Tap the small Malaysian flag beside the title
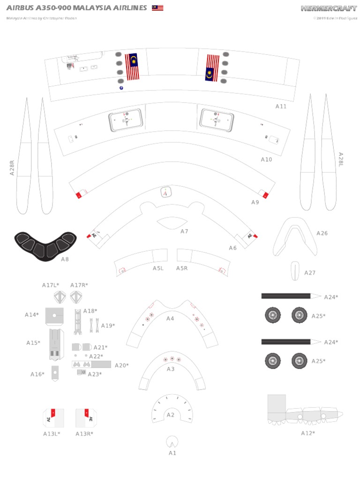coord(157,8)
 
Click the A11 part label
coord(281,106)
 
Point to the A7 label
coord(184,231)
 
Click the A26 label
coord(322,233)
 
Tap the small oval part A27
coord(295,270)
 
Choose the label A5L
coord(157,268)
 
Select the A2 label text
coord(171,415)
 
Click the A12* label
coord(308,433)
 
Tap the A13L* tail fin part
coord(53,417)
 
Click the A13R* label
coord(84,434)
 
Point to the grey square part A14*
coord(54,316)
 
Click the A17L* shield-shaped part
coord(60,297)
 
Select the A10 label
coord(266,159)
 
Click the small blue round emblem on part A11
coord(121,87)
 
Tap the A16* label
coord(37,374)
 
